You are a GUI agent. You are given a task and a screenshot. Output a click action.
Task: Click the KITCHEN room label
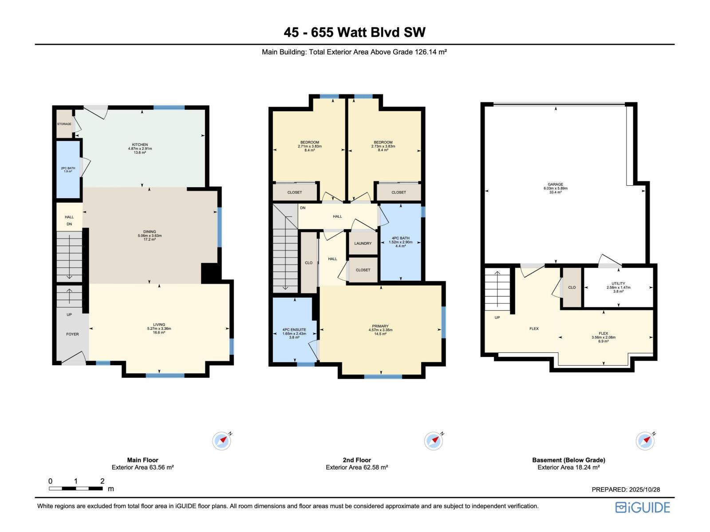(140, 145)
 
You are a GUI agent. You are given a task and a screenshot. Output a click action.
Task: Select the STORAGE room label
(64, 124)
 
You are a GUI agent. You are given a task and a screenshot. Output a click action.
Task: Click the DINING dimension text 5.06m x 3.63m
(150, 235)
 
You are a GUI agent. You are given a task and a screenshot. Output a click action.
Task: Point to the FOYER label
(72, 334)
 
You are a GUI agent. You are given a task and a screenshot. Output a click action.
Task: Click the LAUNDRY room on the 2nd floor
(363, 243)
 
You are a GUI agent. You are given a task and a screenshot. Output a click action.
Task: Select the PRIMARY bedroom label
(380, 326)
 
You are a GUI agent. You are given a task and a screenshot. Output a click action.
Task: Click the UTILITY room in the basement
(618, 284)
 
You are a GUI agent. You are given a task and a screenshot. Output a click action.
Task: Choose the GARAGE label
(555, 184)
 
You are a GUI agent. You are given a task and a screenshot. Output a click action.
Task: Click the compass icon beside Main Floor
(221, 441)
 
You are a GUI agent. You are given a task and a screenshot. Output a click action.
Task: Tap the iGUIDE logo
(643, 507)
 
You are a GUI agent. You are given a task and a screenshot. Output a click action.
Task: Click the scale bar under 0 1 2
(76, 489)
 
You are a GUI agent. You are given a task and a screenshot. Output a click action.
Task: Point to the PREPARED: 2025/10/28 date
(626, 489)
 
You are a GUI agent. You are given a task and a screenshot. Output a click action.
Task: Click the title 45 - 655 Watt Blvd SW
(355, 32)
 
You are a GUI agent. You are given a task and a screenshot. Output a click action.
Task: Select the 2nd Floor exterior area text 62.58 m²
(357, 467)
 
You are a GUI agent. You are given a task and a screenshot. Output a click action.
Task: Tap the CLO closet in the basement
(572, 287)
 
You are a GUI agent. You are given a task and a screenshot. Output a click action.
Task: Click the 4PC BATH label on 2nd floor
(401, 238)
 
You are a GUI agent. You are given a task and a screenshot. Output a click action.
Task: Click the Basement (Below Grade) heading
(568, 460)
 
